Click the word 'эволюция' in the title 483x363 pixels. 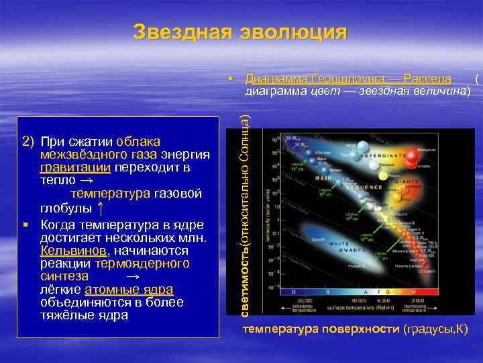click(292, 32)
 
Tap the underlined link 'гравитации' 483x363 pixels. click(75, 167)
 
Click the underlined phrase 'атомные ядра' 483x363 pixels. click(129, 289)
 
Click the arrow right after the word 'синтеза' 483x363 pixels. click(133, 276)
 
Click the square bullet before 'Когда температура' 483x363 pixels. click(25, 224)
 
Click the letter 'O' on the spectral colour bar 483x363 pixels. click(293, 292)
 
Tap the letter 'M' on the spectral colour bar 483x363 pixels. click(429, 292)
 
